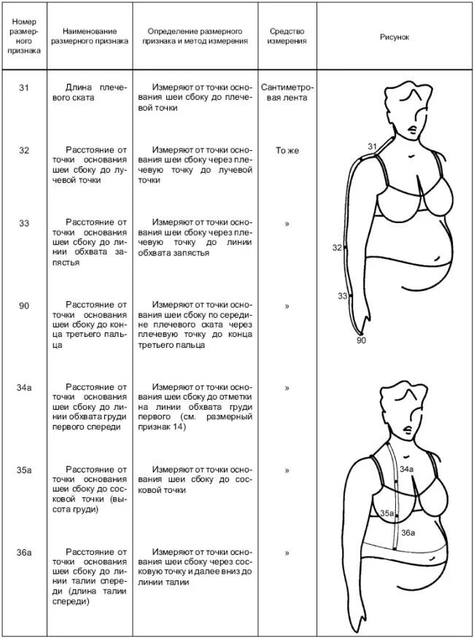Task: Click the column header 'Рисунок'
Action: click(395, 36)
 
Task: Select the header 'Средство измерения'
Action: click(287, 36)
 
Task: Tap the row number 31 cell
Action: click(24, 87)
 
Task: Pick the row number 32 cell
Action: click(24, 150)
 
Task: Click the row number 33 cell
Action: click(24, 223)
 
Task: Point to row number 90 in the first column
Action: click(24, 306)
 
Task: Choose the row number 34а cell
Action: click(24, 387)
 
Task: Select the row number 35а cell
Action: click(24, 470)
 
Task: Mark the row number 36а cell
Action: click(24, 553)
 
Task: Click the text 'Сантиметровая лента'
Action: click(287, 93)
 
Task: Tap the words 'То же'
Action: click(287, 150)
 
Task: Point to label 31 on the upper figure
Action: click(372, 147)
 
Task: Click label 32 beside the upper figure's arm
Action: click(337, 248)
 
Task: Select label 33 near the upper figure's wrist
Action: click(342, 296)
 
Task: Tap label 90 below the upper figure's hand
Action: click(360, 340)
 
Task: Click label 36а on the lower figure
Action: click(408, 533)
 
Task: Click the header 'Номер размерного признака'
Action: click(24, 36)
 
